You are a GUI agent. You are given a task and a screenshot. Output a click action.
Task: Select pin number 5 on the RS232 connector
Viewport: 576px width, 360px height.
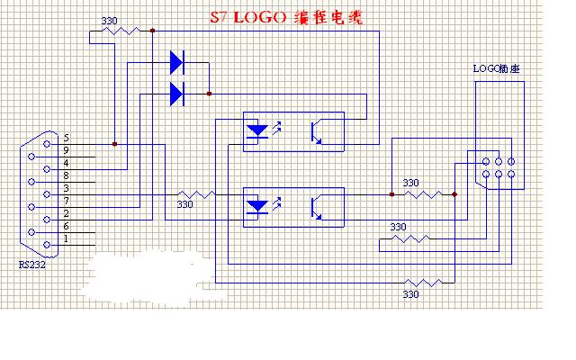66,137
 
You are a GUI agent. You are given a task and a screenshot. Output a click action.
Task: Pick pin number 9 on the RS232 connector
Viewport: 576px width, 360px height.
66,149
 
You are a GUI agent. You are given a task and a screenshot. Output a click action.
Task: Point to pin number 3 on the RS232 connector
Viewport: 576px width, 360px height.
66,187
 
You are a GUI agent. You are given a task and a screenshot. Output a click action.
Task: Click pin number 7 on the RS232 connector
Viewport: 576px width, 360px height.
66,200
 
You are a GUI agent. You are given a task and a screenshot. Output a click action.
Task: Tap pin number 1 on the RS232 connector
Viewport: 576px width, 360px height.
66,238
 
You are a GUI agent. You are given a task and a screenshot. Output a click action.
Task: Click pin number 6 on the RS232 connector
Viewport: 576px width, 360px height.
66,226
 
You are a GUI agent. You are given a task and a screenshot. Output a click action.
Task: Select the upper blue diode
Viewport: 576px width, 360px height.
176,63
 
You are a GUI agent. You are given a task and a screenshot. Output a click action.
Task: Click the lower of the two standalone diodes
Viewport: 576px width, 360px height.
176,92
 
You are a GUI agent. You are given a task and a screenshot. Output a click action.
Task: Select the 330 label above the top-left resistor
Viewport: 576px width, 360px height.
108,20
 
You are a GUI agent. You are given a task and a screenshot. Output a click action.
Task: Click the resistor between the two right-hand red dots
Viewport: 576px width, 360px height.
423,193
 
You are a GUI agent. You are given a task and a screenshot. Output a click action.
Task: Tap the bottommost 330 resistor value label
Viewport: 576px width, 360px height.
410,293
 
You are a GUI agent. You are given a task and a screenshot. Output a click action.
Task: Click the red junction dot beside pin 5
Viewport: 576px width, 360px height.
114,143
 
